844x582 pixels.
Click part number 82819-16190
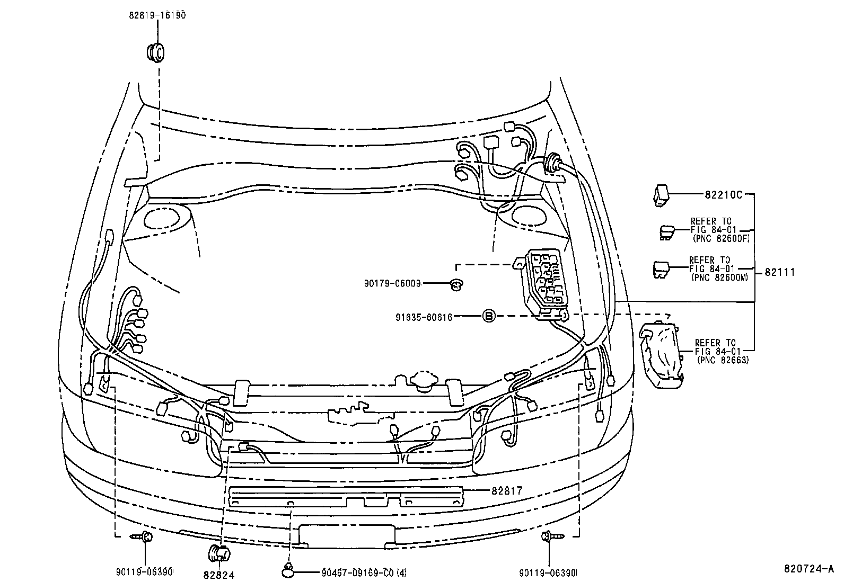157,15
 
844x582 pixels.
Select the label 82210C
723,194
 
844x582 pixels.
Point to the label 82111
779,272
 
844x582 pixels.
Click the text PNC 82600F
720,239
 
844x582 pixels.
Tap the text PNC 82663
723,361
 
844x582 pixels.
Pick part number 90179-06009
392,284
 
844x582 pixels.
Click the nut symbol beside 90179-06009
455,285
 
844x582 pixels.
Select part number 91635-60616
424,317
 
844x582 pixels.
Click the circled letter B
489,317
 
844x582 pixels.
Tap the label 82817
507,491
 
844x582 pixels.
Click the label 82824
218,575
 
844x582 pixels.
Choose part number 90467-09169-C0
364,572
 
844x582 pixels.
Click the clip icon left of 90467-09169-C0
287,571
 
